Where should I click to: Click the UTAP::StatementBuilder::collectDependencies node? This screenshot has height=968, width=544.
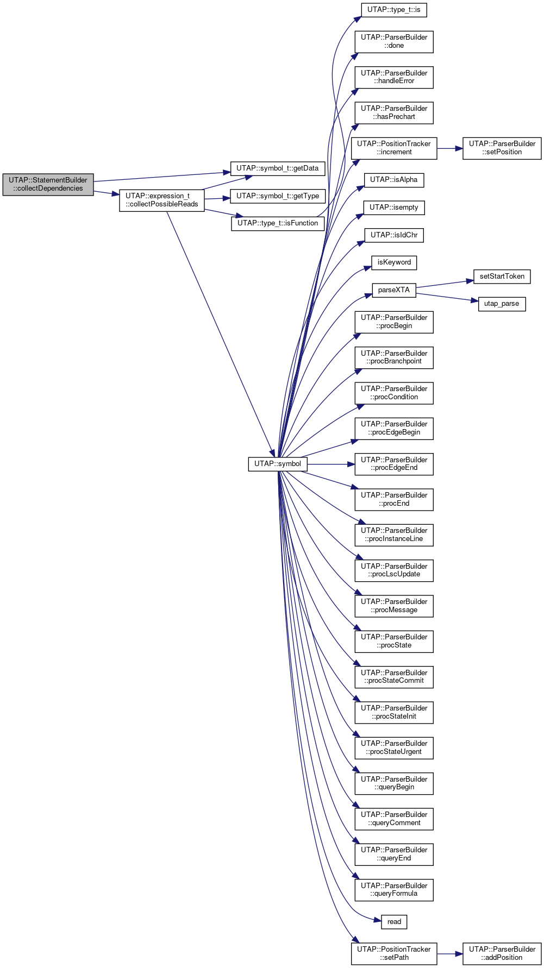48,185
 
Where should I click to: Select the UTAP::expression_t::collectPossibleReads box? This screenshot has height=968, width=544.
162,200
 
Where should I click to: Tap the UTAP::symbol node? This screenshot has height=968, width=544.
278,464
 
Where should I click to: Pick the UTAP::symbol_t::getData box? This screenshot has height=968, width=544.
278,168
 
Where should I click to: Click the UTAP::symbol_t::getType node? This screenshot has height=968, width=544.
278,196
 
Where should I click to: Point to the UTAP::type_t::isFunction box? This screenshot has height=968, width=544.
278,223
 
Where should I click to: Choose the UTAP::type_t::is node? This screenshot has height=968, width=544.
394,10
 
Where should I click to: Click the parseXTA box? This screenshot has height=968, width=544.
394,290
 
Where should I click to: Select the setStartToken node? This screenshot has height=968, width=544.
502,276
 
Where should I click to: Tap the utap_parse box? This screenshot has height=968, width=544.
502,304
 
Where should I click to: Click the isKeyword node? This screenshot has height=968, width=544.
394,262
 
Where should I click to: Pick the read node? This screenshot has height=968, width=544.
394,922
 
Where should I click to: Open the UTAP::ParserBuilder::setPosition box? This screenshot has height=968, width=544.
502,148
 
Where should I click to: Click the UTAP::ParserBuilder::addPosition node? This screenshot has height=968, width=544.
502,954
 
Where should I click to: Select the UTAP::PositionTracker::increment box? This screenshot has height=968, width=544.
394,148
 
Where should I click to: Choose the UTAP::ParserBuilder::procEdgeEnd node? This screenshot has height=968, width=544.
394,464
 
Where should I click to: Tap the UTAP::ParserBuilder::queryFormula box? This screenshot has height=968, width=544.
394,890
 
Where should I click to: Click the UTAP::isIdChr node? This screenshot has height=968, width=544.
394,235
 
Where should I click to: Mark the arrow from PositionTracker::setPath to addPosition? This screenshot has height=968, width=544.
450,954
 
